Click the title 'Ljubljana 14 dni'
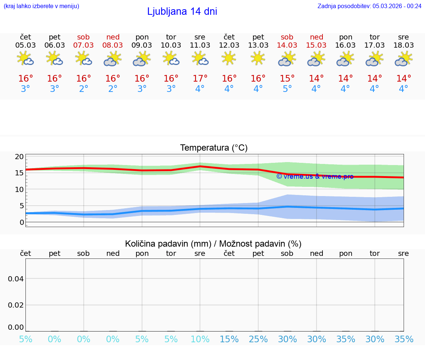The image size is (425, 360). point(182,11)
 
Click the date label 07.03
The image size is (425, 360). point(84,45)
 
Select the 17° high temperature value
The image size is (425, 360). point(200,79)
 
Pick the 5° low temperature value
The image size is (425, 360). point(287,89)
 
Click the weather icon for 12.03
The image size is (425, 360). point(229,58)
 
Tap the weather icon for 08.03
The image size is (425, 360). point(113,58)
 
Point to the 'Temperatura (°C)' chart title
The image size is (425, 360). point(214,148)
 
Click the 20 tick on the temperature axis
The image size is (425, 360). point(19,157)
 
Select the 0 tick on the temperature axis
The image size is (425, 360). point(22,222)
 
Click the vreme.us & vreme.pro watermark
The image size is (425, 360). point(315,176)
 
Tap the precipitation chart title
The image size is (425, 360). point(213,244)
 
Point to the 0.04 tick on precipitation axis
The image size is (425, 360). point(16,278)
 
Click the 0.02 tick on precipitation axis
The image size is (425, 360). point(16,305)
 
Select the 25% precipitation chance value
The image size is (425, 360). point(258,339)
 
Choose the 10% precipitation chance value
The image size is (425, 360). point(200,339)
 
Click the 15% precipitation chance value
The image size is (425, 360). point(229,339)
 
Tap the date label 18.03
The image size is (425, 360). point(404,45)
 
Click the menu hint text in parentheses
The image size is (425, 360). point(41,6)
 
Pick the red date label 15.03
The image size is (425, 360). point(316,45)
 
